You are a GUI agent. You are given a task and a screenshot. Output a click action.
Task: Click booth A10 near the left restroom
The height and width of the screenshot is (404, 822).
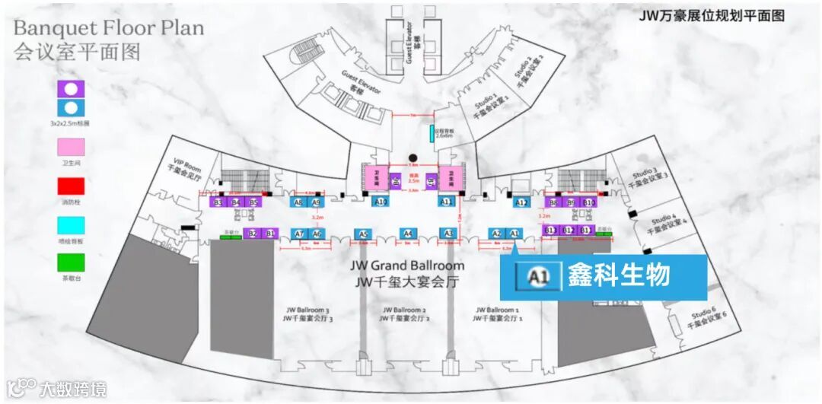click(381, 202)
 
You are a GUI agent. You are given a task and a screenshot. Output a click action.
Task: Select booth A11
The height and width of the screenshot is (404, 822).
click(447, 202)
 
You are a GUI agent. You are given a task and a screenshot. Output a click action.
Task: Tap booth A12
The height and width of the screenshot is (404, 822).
click(521, 202)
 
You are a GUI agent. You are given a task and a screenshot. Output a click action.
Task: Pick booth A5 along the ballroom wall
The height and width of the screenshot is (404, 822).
click(363, 234)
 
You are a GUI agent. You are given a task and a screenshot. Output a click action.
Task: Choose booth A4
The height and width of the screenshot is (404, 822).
click(407, 234)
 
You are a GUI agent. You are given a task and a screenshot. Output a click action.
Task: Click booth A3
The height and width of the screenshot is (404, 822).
click(448, 234)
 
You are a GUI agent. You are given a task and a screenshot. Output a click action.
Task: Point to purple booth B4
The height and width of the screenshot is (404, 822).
click(236, 202)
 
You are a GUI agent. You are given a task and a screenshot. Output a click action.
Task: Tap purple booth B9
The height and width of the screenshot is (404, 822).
click(571, 202)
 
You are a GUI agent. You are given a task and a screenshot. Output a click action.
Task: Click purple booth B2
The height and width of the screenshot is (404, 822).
click(253, 234)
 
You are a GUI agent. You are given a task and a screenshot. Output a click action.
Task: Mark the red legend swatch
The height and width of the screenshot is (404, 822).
click(71, 186)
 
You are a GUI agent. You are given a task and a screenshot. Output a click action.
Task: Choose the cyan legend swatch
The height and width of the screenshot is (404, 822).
click(71, 225)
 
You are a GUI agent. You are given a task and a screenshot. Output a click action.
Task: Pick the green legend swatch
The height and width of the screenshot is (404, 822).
click(71, 262)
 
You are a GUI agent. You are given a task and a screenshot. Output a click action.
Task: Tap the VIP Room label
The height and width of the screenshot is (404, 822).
click(186, 167)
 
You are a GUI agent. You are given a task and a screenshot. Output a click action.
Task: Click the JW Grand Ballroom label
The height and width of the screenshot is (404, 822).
click(407, 266)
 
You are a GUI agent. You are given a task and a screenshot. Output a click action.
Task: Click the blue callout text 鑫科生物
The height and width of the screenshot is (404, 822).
click(618, 276)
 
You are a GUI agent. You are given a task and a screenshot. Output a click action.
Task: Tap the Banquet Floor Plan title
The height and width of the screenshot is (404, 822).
click(109, 28)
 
